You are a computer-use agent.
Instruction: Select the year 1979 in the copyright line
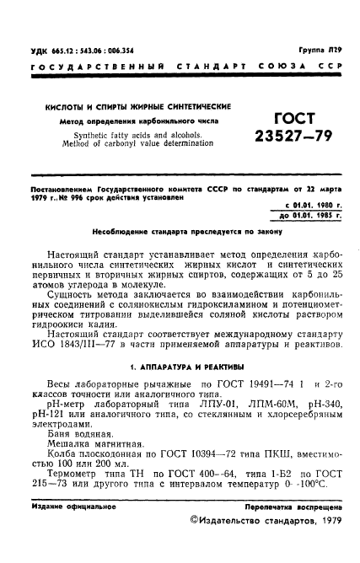click(325, 523)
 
